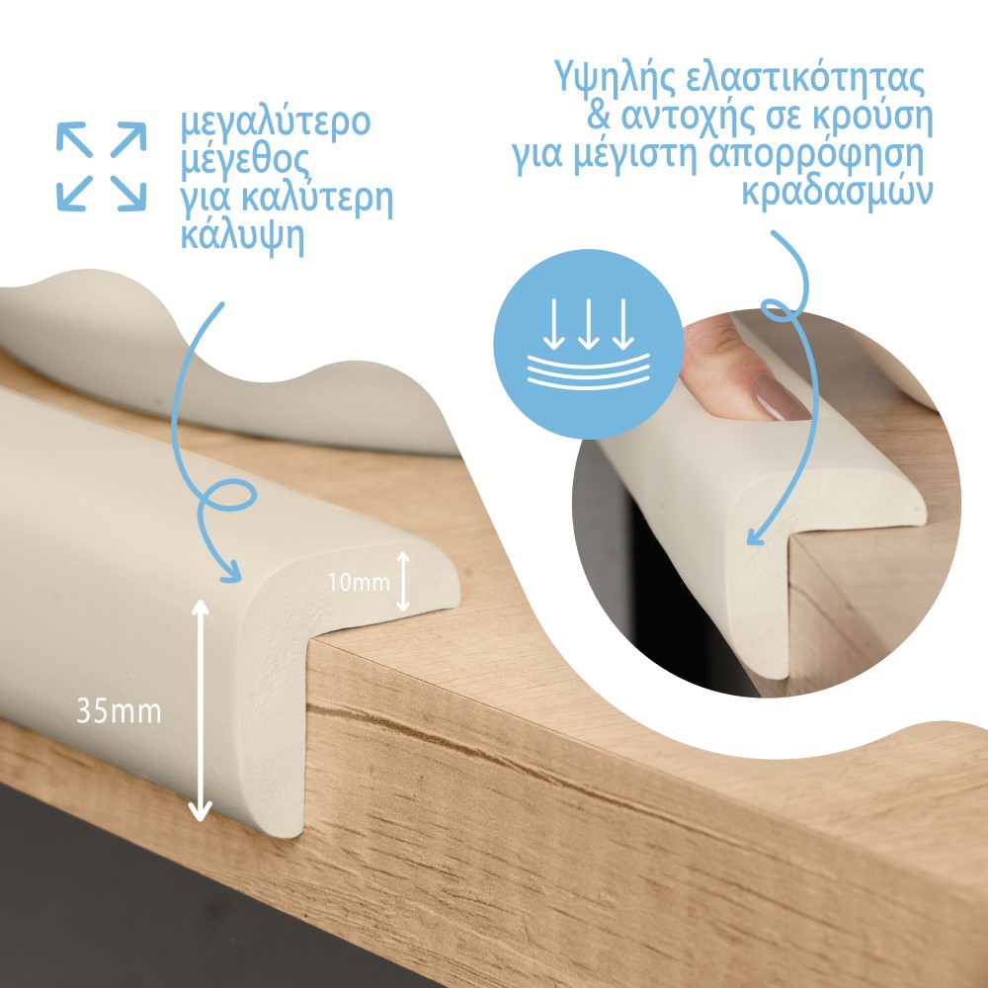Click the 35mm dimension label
(119, 711)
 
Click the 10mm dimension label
(359, 582)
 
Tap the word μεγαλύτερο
(276, 124)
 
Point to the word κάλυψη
(243, 237)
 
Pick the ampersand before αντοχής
(600, 114)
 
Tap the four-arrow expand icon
(102, 166)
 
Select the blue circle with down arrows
(588, 344)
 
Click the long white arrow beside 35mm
(201, 710)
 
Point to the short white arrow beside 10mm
(403, 582)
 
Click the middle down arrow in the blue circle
(589, 324)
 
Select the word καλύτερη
(317, 200)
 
